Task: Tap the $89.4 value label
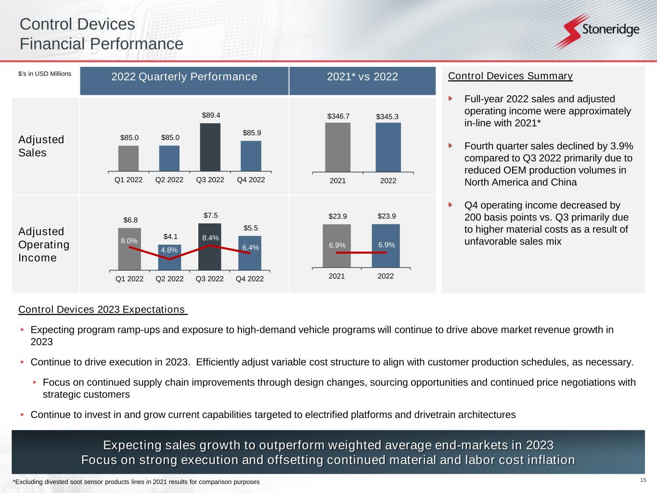click(x=210, y=115)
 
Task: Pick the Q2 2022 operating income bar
click(x=169, y=257)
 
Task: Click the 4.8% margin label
click(x=169, y=250)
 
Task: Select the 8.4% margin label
click(x=210, y=238)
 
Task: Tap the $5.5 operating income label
click(x=250, y=228)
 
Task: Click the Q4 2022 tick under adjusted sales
click(x=251, y=180)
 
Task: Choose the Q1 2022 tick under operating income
click(x=129, y=278)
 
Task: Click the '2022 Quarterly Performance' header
click(x=184, y=77)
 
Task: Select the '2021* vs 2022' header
click(x=362, y=77)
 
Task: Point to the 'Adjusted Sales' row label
click(x=41, y=146)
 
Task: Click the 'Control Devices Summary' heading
click(x=510, y=76)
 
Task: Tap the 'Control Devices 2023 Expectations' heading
click(x=102, y=310)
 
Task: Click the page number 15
click(x=643, y=480)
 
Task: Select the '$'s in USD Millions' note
click(x=45, y=74)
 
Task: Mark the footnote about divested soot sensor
click(x=136, y=482)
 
